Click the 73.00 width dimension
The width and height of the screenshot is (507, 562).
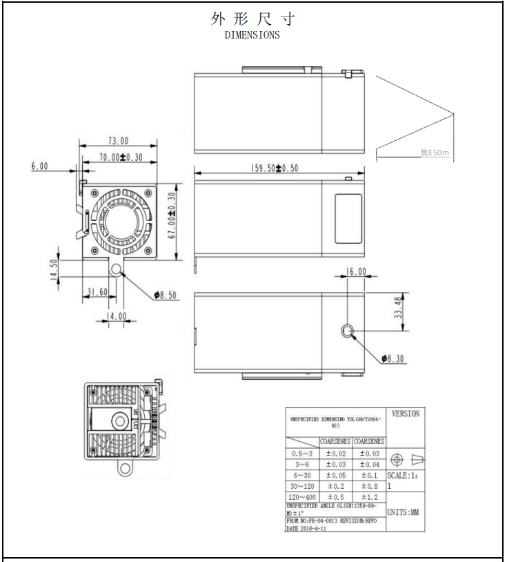(x=115, y=141)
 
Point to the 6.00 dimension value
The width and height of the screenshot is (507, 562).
(x=39, y=166)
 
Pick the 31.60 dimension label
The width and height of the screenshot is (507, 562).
(x=96, y=292)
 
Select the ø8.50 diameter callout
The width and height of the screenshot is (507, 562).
(x=166, y=295)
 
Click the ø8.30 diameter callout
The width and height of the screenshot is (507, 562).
(x=395, y=358)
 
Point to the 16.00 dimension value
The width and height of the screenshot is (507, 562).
(x=356, y=272)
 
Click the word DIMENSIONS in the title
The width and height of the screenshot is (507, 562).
(x=252, y=35)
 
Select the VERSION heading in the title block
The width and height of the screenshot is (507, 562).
(x=405, y=414)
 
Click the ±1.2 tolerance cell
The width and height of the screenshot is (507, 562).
(x=369, y=497)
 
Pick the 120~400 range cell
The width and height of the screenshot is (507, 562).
(x=302, y=497)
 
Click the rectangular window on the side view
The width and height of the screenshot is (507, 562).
(x=348, y=218)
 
